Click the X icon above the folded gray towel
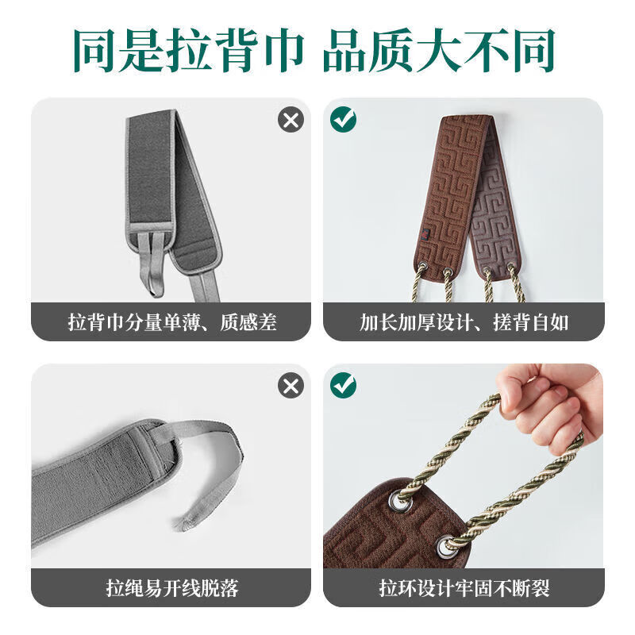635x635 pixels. coord(291,120)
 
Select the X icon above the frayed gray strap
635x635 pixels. coord(291,386)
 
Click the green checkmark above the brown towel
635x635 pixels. coord(344,120)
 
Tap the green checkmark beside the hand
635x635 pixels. coord(344,386)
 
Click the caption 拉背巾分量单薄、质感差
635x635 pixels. coord(172,322)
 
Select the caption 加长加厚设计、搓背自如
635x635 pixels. coord(464,322)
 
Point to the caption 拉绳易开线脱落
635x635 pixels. coord(172,588)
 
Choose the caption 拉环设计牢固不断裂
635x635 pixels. coord(464,588)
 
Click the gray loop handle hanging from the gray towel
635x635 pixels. coord(154,266)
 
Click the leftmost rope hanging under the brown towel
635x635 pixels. coord(418,286)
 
